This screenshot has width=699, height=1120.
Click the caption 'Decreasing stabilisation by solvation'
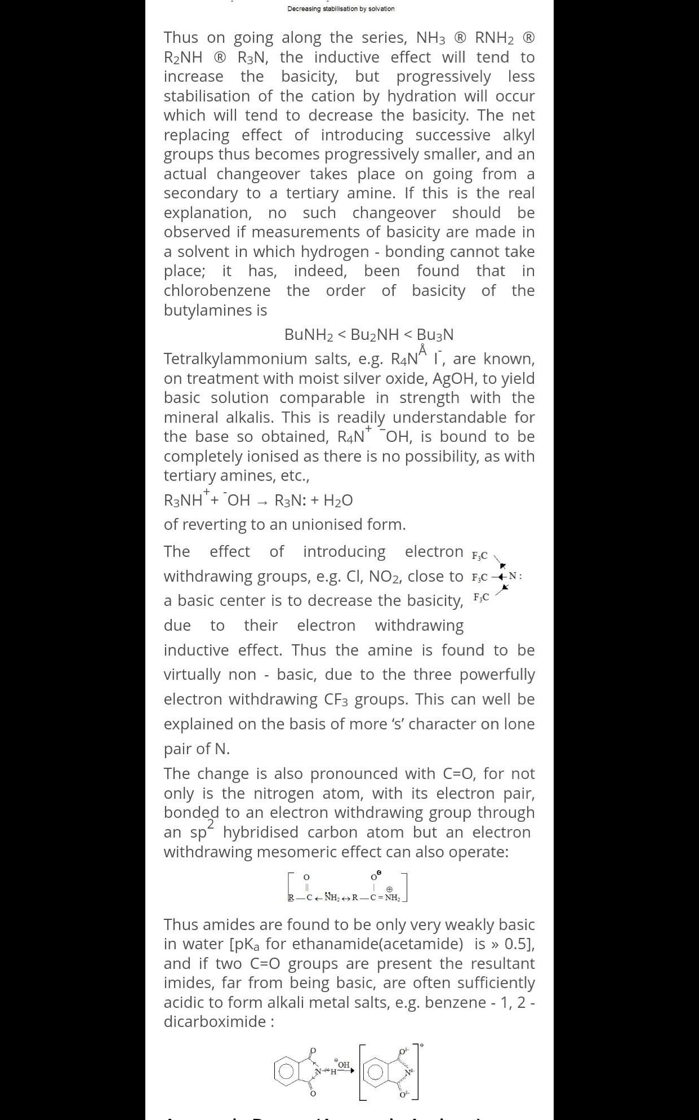click(x=341, y=9)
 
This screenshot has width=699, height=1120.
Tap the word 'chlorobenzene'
click(x=217, y=291)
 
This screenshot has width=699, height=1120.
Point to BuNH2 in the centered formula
click(x=309, y=335)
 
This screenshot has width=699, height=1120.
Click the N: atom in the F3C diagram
click(x=514, y=576)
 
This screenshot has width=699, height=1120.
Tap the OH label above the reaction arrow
click(x=343, y=1065)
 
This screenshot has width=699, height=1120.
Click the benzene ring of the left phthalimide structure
click(x=287, y=1071)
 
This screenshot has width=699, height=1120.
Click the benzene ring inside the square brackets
click(x=376, y=1073)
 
